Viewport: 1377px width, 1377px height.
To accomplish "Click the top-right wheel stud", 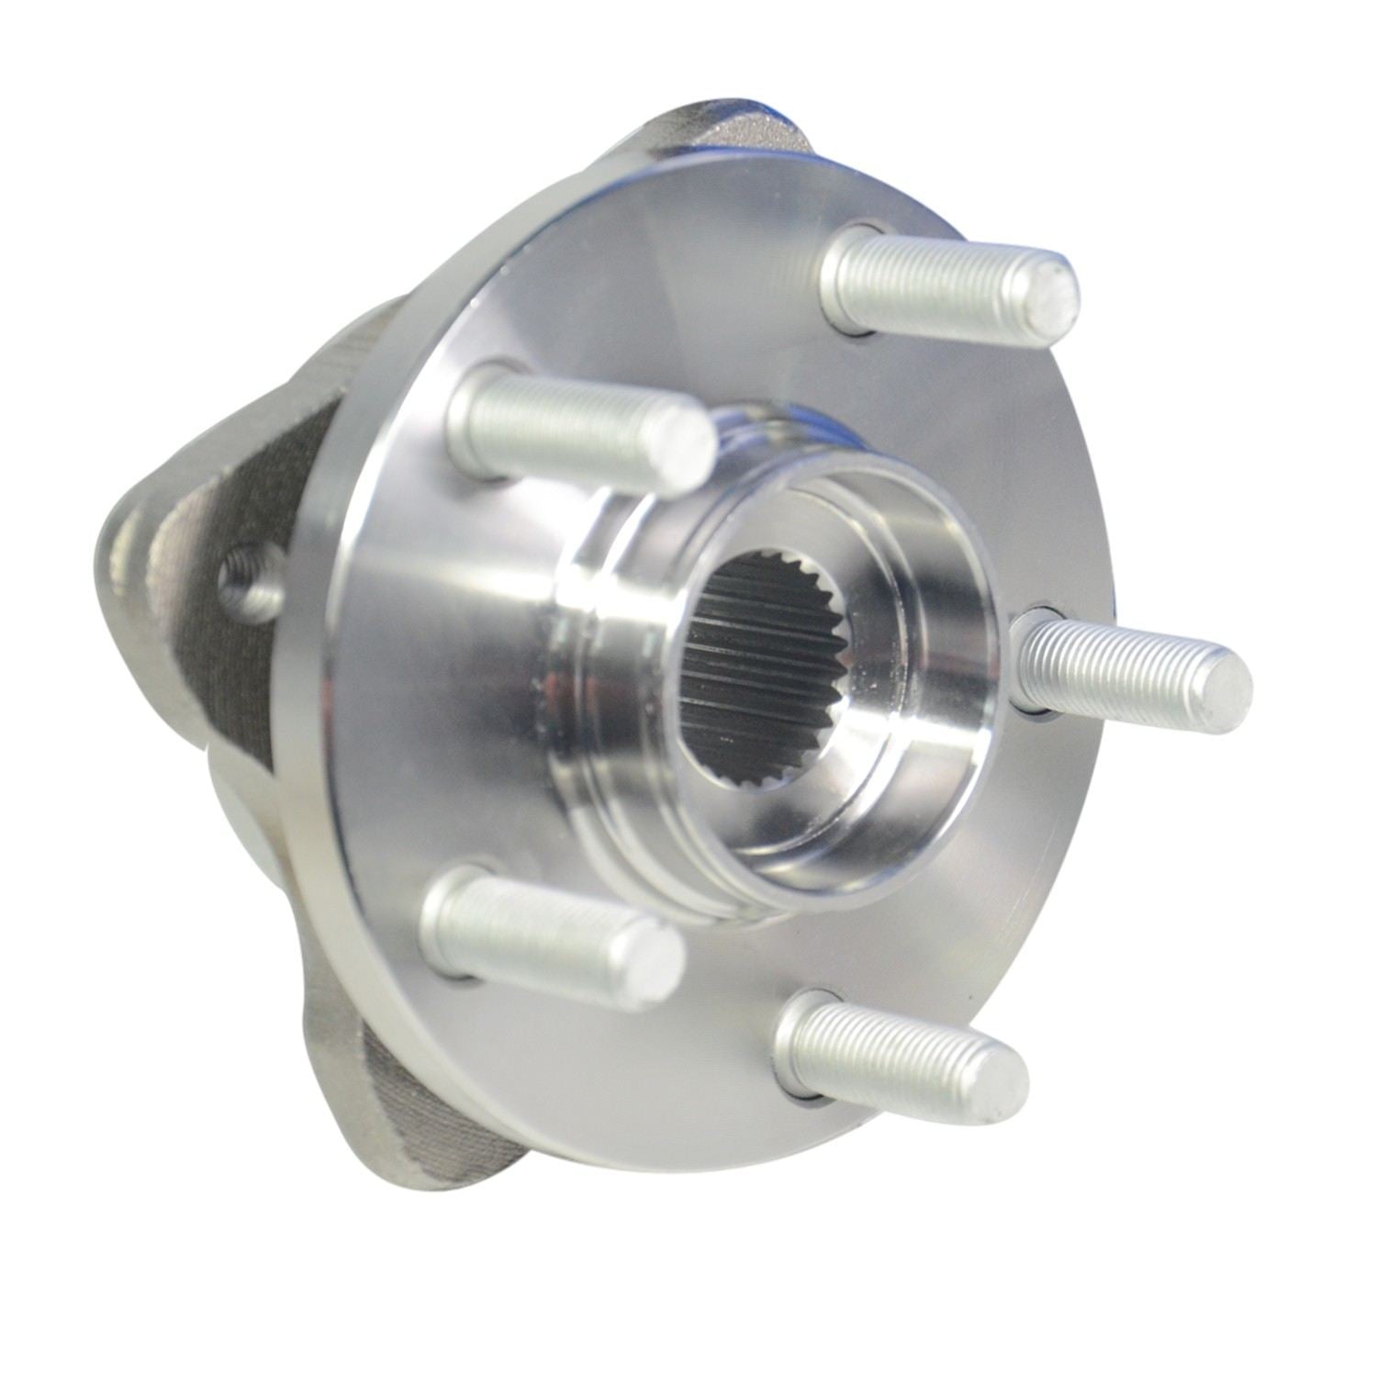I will (946, 280).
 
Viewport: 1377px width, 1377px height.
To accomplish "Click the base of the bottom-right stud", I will (799, 1037).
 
